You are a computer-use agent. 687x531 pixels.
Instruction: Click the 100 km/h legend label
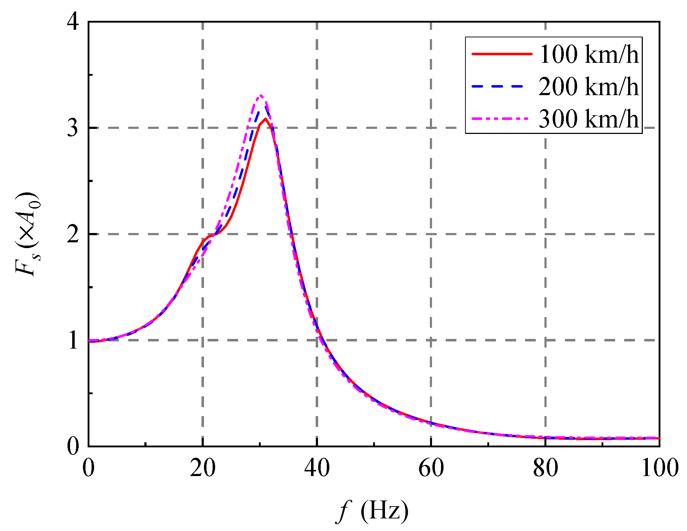tap(589, 55)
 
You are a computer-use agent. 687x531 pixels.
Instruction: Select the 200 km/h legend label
tap(589, 87)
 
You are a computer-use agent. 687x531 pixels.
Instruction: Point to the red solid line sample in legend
tap(502, 54)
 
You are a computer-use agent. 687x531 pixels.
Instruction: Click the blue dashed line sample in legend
tap(502, 86)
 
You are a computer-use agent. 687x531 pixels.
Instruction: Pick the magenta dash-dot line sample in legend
tap(502, 118)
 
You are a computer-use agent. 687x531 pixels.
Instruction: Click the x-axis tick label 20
tap(203, 468)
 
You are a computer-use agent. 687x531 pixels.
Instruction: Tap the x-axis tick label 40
tap(317, 468)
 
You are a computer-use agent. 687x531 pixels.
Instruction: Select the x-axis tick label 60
tap(431, 468)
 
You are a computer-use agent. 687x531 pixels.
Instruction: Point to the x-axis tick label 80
tap(545, 468)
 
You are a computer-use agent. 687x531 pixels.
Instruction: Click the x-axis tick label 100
tap(659, 468)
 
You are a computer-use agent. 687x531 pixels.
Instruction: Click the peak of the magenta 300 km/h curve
tap(261, 96)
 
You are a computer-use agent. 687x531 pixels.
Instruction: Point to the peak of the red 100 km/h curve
tap(265, 119)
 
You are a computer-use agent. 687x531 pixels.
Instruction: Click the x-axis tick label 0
tap(88, 468)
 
